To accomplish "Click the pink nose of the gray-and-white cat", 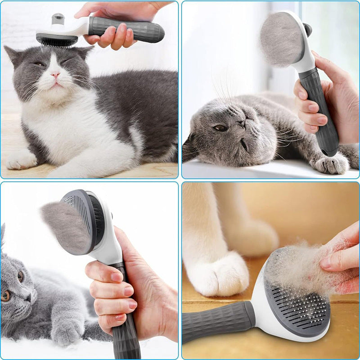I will coord(55,72).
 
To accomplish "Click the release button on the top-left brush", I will coord(58,19).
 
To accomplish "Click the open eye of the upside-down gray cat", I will coord(220,128).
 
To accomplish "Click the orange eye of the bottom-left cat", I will coord(6,295).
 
